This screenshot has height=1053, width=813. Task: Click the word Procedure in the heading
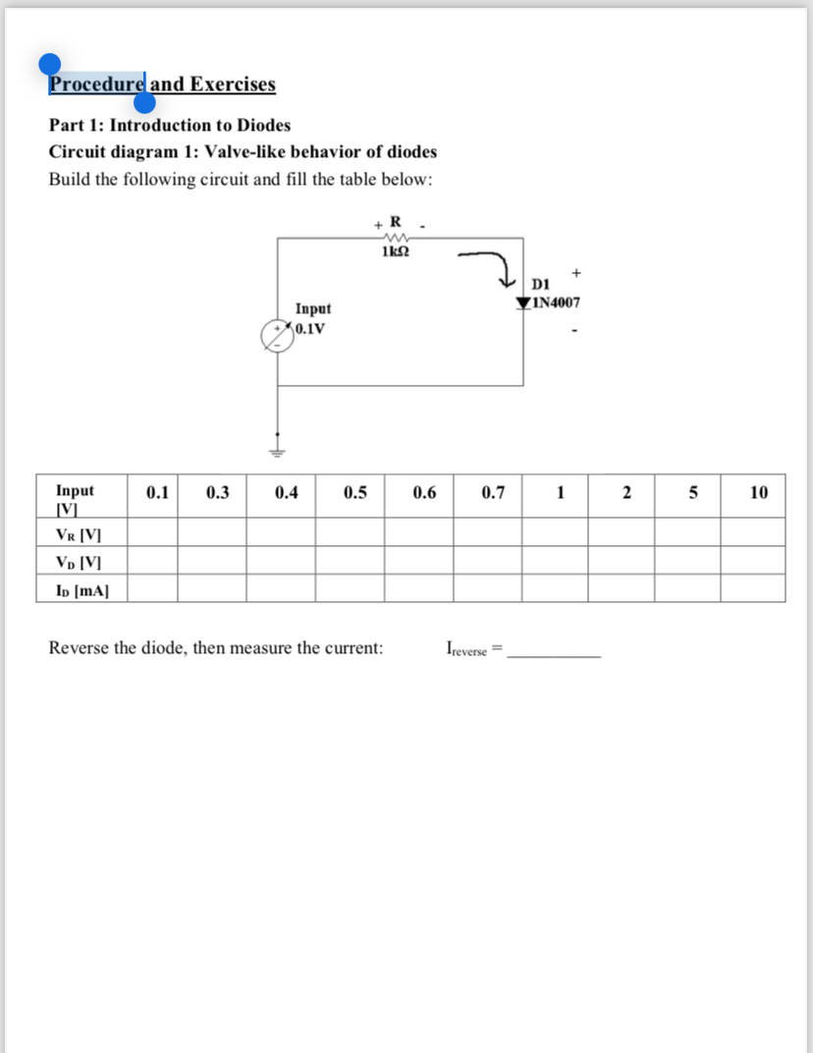97,84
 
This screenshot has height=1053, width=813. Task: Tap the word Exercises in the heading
233,84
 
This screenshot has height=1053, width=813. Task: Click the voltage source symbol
276,334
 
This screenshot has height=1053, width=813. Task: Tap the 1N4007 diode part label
556,303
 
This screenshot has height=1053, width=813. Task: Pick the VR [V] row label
79,535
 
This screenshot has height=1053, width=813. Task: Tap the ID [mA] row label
81,590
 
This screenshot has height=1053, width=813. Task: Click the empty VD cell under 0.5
350,563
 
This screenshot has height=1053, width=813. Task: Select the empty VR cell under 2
623,535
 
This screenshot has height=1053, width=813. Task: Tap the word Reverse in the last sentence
78,648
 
